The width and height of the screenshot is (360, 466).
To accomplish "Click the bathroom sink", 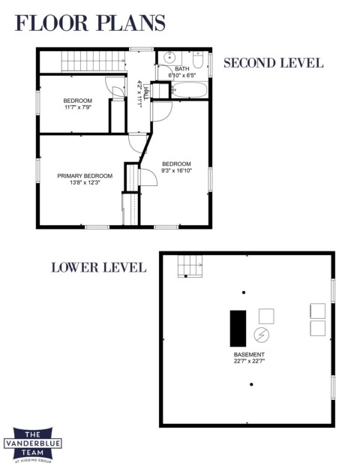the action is (169, 58).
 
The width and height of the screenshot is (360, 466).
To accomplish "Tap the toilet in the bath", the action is (198, 59).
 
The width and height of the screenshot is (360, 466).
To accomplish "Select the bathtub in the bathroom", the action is (190, 90).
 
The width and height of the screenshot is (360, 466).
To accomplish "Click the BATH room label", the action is (181, 69).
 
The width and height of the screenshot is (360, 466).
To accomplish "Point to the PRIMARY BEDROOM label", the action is (85, 176).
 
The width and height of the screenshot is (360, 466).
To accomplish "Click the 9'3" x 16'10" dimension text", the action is (177, 170).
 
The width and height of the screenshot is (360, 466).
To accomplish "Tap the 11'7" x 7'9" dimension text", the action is (78, 107).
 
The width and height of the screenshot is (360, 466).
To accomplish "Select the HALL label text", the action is (145, 92).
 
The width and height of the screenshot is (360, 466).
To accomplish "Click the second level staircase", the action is (93, 62).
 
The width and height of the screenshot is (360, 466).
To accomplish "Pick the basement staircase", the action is (190, 266).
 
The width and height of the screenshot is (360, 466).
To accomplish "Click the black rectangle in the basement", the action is (238, 329).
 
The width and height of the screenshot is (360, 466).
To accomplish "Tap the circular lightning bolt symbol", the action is (262, 335).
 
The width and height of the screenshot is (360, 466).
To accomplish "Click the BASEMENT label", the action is (249, 354).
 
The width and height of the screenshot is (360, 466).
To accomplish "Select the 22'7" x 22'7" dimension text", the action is (249, 362).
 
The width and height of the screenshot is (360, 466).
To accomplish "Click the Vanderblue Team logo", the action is (33, 445).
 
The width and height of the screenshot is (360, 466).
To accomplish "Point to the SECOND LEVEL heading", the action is (274, 63).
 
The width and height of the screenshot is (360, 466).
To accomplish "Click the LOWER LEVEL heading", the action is (99, 267).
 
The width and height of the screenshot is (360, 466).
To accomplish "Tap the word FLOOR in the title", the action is (52, 23).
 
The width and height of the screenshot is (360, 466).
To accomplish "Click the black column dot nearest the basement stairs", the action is (244, 293).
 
